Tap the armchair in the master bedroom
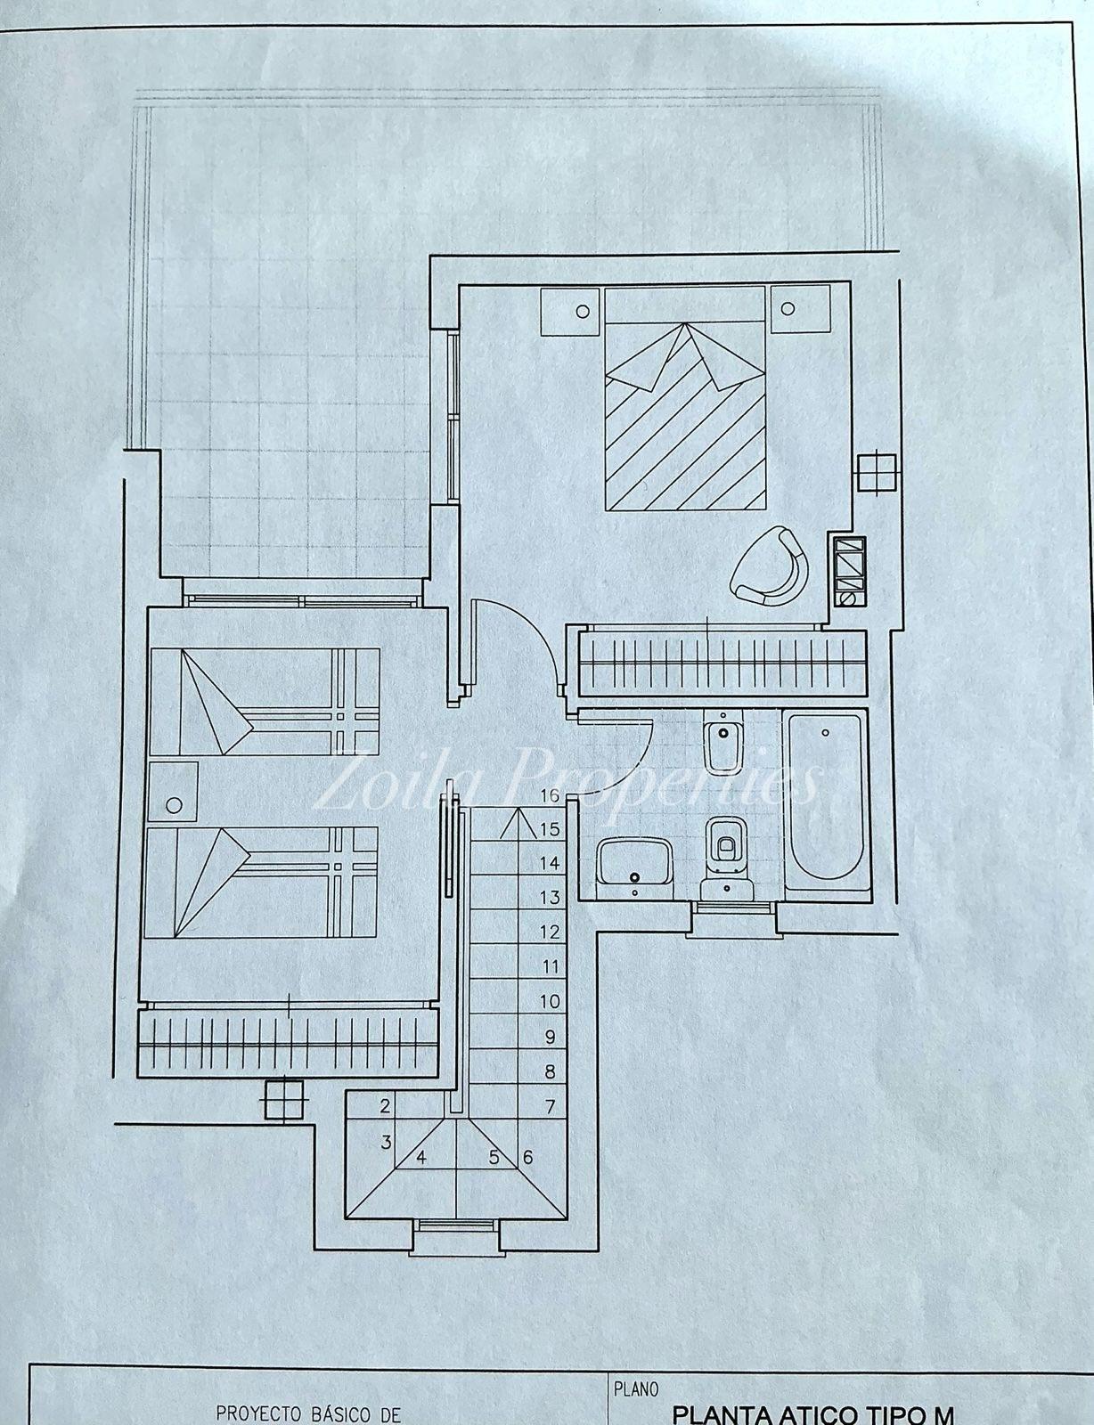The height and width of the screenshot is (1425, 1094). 770,565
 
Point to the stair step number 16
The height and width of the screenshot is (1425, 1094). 550,795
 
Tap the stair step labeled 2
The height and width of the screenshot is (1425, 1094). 385,1106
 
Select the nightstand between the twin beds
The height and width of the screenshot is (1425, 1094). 173,791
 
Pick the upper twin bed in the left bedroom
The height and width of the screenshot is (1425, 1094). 265,701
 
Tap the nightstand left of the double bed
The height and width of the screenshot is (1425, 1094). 571,311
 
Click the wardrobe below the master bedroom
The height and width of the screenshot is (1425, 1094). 722,663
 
